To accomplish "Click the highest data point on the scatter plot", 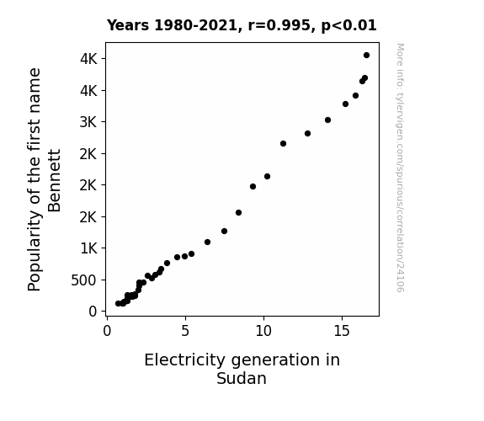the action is point(366,56).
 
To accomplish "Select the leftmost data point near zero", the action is point(118,304).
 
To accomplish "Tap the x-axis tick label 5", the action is point(185,331).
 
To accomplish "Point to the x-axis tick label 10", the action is point(263,331).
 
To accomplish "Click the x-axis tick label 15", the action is point(342,331).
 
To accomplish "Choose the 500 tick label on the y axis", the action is point(84,280).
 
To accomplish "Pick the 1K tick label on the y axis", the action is point(89,248).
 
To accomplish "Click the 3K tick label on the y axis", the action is point(88,122).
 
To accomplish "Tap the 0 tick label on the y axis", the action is point(93,312).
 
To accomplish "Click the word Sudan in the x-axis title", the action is point(242,378).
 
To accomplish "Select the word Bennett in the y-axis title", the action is point(55,181).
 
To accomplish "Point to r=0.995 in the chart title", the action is point(279,25).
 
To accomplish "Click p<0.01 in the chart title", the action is point(348,25).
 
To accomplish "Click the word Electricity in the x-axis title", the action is point(185,360).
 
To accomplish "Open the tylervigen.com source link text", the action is point(400,168).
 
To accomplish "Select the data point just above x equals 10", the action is point(268,176).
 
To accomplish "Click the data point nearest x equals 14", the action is point(327,120).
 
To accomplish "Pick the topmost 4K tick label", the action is point(88,59).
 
